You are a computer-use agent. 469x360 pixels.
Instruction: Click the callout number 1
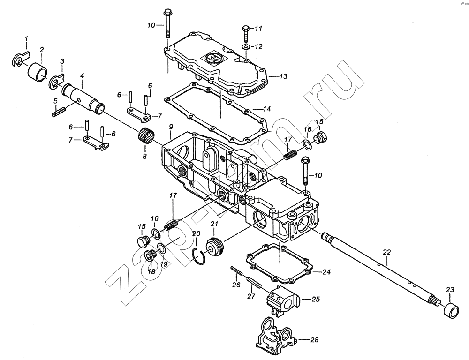tap(26, 38)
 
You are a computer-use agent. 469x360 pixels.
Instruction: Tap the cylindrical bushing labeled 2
tap(38, 72)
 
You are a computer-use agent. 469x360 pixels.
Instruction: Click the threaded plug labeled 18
tap(149, 256)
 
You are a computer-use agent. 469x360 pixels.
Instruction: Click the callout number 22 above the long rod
tap(386, 252)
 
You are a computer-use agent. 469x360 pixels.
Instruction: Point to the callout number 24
tap(326, 272)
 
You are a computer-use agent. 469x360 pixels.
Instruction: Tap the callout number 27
tap(251, 296)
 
